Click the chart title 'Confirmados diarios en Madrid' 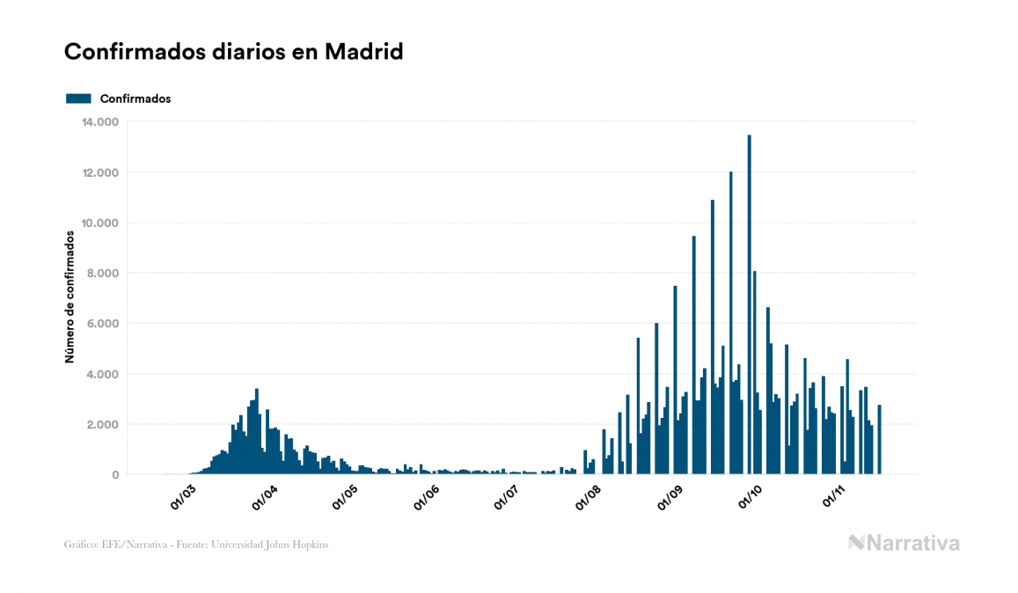click(233, 52)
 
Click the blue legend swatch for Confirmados click(78, 99)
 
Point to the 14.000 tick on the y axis click(99, 121)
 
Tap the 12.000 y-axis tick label click(99, 172)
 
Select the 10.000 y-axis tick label click(99, 223)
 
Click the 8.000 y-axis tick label click(103, 274)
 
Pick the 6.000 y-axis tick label click(103, 324)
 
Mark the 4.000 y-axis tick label click(103, 374)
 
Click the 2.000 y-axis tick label click(103, 425)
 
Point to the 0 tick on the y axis click(114, 475)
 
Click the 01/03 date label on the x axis click(184, 498)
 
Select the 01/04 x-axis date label click(265, 498)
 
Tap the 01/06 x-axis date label click(426, 498)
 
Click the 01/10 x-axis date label click(751, 498)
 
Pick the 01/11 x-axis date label click(832, 498)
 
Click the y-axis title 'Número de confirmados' click(70, 297)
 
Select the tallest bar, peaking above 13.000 click(749, 308)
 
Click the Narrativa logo click(904, 543)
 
